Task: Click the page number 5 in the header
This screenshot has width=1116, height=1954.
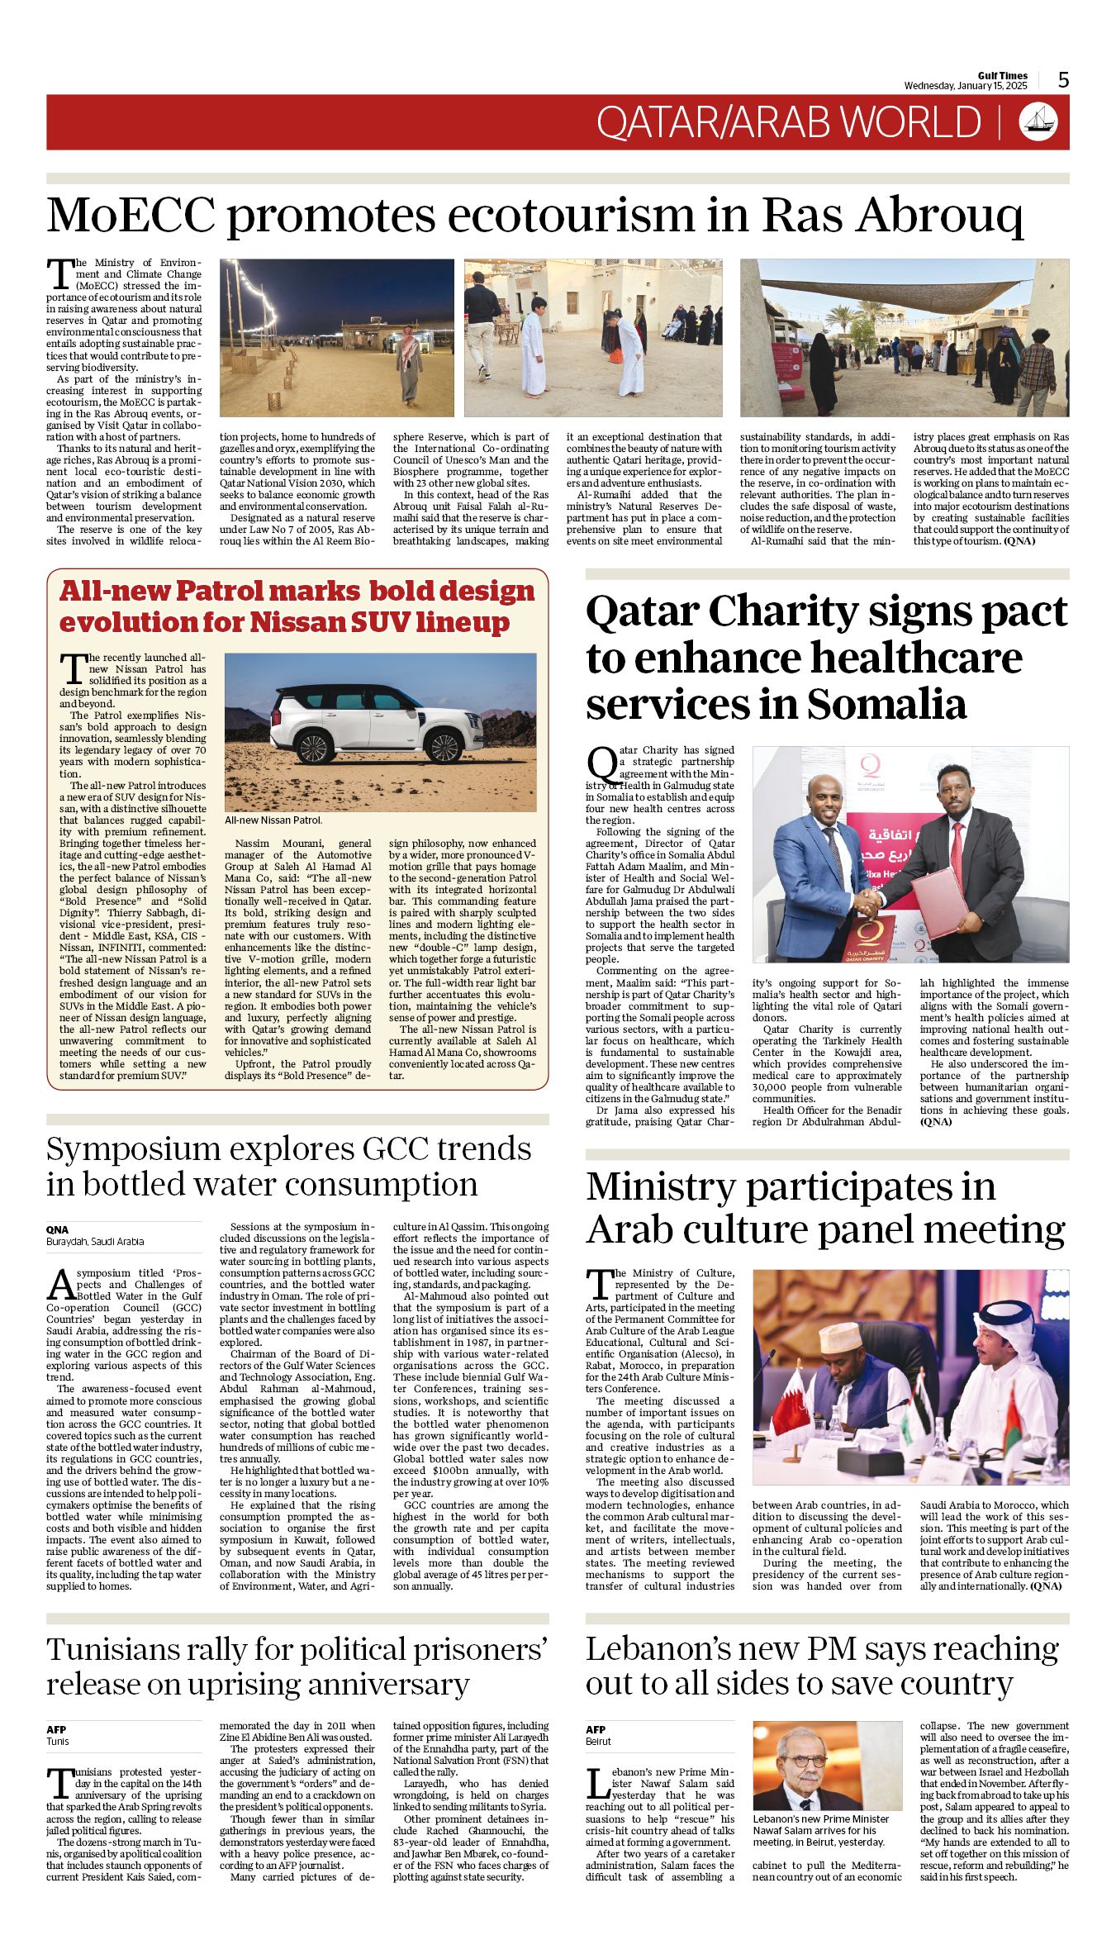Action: pyautogui.click(x=1063, y=79)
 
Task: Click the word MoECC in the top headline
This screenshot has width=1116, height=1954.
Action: pyautogui.click(x=131, y=216)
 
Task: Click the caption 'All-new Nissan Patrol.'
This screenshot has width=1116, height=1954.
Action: pyautogui.click(x=273, y=820)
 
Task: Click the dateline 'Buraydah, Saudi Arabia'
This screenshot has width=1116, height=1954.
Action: pyautogui.click(x=95, y=1241)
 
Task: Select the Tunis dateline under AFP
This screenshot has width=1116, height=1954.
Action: pyautogui.click(x=58, y=1742)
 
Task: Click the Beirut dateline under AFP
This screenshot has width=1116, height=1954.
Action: pyautogui.click(x=598, y=1742)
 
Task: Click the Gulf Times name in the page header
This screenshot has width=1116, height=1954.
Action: pyautogui.click(x=1003, y=75)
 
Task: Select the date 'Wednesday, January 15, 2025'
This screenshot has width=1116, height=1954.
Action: pyautogui.click(x=965, y=86)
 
